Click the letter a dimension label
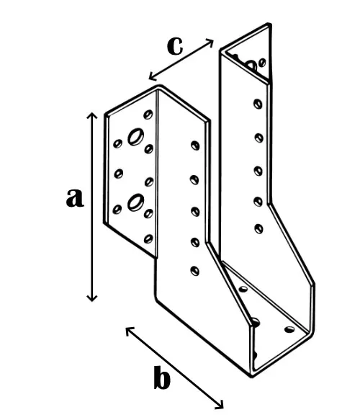coord(75,197)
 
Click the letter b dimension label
coord(162,377)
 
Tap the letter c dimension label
coord(175,46)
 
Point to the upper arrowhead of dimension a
coord(92,115)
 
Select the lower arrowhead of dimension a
coord(92,298)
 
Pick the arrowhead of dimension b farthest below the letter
coord(220,405)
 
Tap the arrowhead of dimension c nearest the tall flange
coord(210,43)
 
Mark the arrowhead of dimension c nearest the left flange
coord(152,76)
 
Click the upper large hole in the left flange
coord(135,137)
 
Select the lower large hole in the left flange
coord(135,202)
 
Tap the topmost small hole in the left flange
coord(148,115)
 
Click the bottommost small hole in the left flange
coord(148,239)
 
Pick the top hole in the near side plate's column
coord(195,146)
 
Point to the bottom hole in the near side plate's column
coord(195,271)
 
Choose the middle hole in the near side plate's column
coord(195,211)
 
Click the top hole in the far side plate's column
coord(258,104)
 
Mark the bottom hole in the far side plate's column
coord(258,228)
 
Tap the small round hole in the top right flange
coord(262,63)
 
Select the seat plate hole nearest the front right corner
coord(289,329)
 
